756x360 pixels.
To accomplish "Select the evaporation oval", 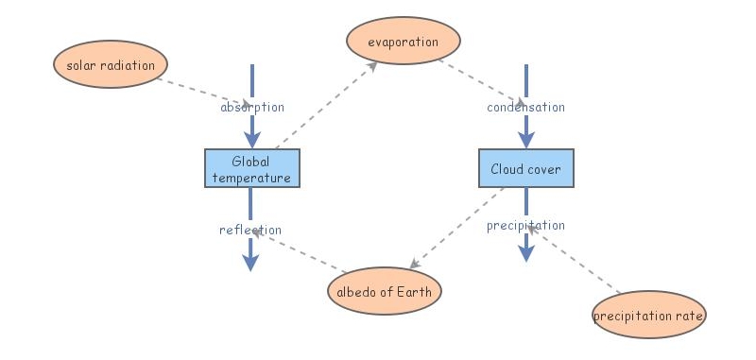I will pos(404,42).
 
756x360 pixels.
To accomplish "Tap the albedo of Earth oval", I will pos(384,291).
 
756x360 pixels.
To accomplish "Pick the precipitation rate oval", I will pos(648,315).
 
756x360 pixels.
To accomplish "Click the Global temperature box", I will pos(251,168).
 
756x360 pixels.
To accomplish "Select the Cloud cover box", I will pos(525,168).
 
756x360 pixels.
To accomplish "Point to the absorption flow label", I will pos(251,107).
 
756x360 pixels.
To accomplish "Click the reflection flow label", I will pos(250,230).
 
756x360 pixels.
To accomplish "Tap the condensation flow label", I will pos(525,107).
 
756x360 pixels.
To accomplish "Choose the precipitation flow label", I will pos(525,225).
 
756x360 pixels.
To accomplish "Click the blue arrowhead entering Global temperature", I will pos(251,139).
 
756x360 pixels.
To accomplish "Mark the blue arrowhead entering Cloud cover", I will pos(525,139).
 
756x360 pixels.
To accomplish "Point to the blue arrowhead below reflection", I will pos(250,262).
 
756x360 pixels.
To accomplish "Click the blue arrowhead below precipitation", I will pos(526,252).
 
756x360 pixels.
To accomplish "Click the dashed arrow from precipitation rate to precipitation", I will pos(576,260).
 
